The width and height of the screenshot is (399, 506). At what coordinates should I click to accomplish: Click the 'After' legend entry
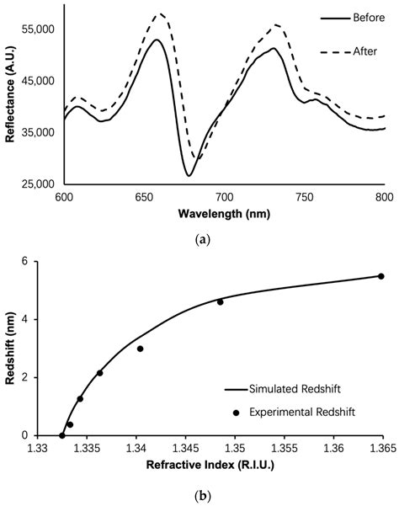pos(345,52)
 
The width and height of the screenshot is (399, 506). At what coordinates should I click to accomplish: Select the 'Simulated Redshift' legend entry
pos(294,390)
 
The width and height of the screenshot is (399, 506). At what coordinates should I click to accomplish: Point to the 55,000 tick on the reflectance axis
pos(38,29)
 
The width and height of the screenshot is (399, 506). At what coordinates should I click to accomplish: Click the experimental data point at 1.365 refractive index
pos(381,276)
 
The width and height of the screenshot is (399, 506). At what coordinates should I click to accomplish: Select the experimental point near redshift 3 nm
pos(141,349)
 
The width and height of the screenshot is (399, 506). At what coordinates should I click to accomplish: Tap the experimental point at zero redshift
pos(62,435)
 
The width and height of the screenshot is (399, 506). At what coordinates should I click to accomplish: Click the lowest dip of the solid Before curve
pos(189,175)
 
